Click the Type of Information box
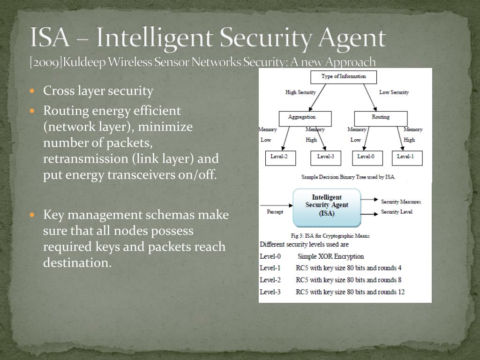tap(344, 76)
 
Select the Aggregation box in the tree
tap(305, 118)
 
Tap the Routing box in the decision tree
tap(381, 118)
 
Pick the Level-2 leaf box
tap(280, 157)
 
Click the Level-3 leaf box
tap(326, 157)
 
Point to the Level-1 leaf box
tap(407, 157)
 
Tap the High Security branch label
tap(300, 92)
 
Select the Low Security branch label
tap(394, 92)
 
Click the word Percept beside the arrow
tap(275, 212)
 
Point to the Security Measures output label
tap(401, 202)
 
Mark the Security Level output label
tap(397, 212)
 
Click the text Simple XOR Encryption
tap(330, 256)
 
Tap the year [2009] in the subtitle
tap(45, 62)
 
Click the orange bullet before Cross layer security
tap(32, 90)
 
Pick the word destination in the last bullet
tap(77, 262)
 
